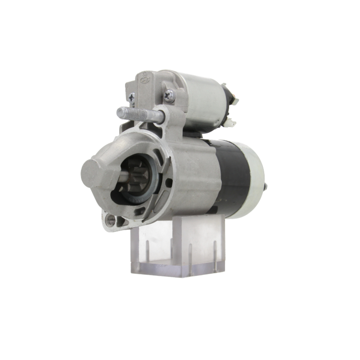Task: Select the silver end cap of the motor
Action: (254, 180)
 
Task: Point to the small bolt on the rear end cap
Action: (266, 186)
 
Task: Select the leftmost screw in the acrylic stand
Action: (147, 252)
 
